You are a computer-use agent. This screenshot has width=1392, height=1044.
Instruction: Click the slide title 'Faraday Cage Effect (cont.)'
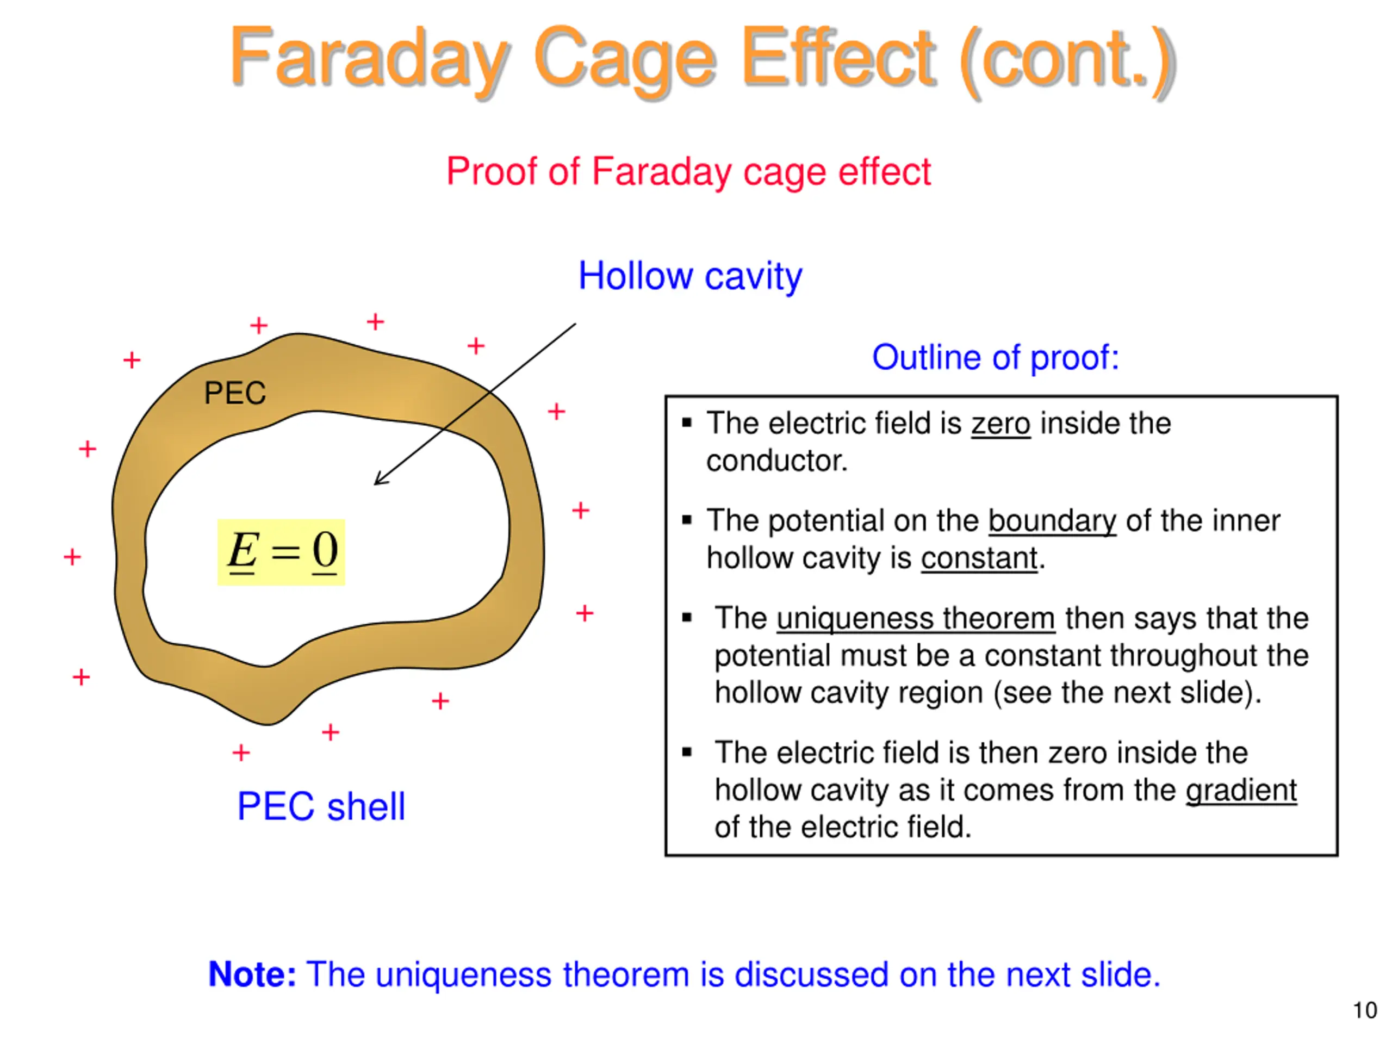pyautogui.click(x=701, y=60)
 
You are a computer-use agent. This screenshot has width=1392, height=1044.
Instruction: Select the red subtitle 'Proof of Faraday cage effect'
pyautogui.click(x=688, y=171)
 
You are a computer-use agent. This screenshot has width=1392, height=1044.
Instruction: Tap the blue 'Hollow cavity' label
pyautogui.click(x=689, y=276)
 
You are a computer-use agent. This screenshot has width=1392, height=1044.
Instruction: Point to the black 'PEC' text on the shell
pyautogui.click(x=235, y=393)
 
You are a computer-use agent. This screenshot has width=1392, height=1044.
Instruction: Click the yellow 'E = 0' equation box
pyautogui.click(x=281, y=552)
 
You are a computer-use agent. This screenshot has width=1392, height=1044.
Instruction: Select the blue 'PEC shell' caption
pyautogui.click(x=321, y=806)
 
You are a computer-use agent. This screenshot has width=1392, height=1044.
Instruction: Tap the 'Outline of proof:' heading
pyautogui.click(x=995, y=357)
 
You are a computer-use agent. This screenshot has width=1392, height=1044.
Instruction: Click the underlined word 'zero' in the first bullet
pyautogui.click(x=1000, y=424)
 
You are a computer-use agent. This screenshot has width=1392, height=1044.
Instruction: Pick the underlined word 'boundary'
pyautogui.click(x=1052, y=521)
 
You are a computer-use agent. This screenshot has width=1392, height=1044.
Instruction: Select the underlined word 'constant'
pyautogui.click(x=979, y=558)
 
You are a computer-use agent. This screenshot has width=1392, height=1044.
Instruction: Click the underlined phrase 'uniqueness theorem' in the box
pyautogui.click(x=916, y=618)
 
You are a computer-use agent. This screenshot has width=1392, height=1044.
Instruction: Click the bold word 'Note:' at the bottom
pyautogui.click(x=252, y=974)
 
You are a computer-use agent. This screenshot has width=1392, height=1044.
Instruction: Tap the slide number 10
pyautogui.click(x=1364, y=1011)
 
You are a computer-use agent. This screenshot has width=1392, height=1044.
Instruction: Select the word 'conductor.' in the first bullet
pyautogui.click(x=776, y=461)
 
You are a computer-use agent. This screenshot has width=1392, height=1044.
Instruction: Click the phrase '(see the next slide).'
pyautogui.click(x=1127, y=693)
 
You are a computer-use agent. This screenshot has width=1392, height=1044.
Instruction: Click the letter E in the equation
pyautogui.click(x=243, y=551)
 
